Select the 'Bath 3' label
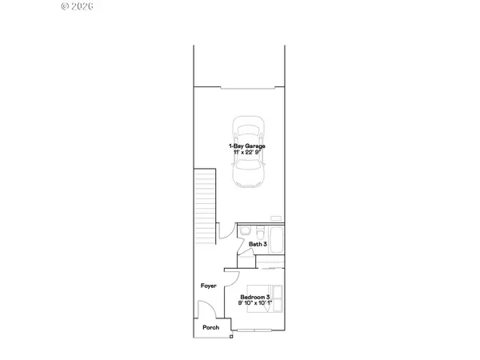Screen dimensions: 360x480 (257, 244)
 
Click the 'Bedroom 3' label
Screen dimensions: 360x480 (256, 298)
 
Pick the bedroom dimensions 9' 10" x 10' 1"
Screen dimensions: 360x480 (256, 304)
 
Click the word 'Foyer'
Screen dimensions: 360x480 (208, 285)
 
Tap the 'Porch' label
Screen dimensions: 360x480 (211, 327)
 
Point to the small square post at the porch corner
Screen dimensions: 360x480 (231, 338)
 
